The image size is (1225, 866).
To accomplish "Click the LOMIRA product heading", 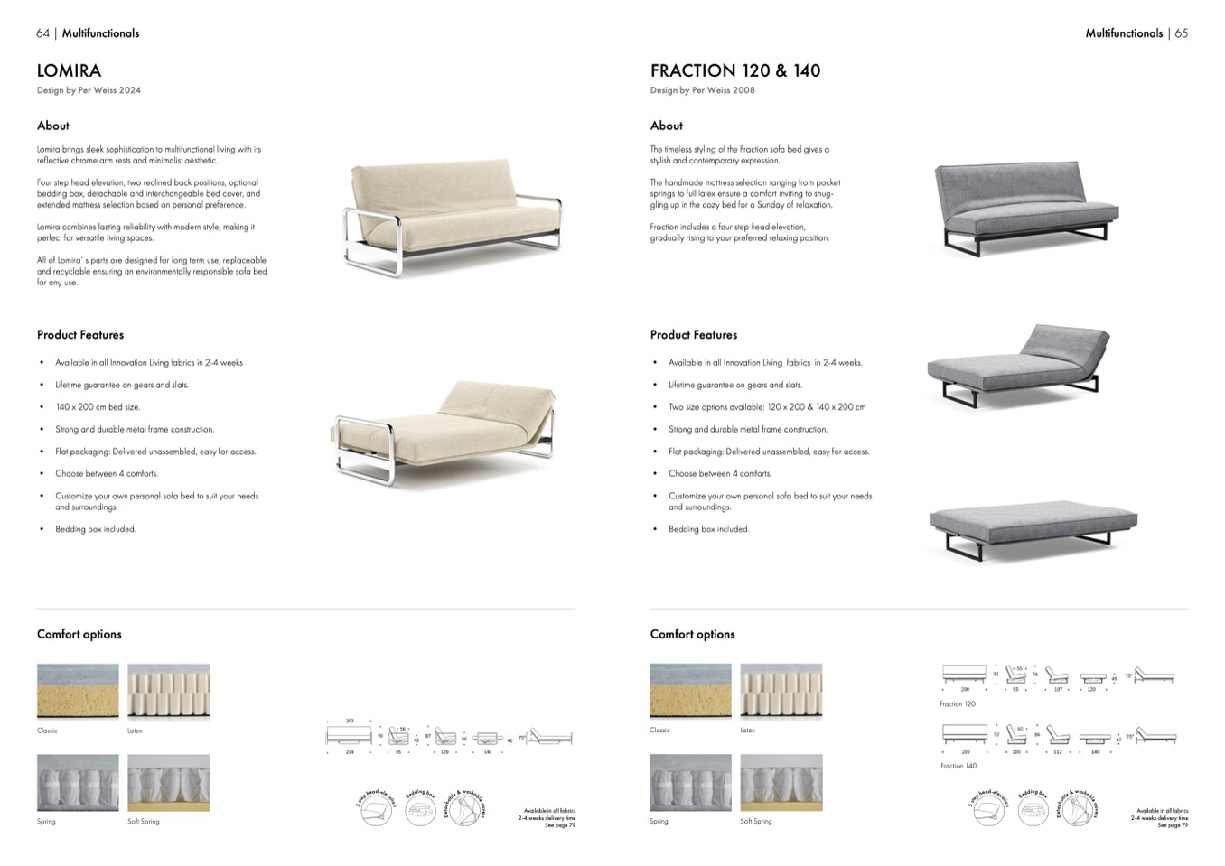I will click(69, 70).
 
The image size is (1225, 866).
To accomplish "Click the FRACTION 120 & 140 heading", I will click(734, 70).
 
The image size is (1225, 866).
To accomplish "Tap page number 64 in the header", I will click(42, 33).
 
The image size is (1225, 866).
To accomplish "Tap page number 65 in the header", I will click(1181, 33).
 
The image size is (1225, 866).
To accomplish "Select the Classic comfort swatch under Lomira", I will click(78, 691).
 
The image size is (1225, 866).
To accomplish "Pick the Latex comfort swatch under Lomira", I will click(168, 691).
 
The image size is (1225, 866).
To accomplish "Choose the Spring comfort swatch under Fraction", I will click(690, 782).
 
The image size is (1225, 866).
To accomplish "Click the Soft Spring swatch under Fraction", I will click(781, 782).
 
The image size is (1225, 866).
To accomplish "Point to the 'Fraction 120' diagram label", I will click(958, 704).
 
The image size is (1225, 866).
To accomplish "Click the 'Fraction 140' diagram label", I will click(958, 766).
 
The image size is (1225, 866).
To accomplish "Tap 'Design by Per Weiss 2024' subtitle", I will click(89, 90).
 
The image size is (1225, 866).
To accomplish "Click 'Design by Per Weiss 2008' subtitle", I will click(702, 90).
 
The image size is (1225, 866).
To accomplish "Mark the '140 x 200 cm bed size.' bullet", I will click(98, 407).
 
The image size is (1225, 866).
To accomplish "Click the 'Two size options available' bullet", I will click(766, 407).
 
